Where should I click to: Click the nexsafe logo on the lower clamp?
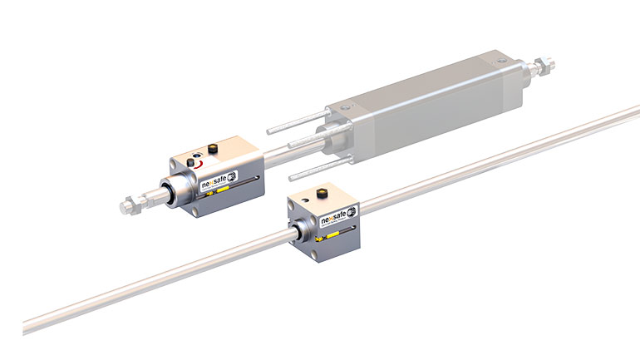pyautogui.click(x=337, y=221)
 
